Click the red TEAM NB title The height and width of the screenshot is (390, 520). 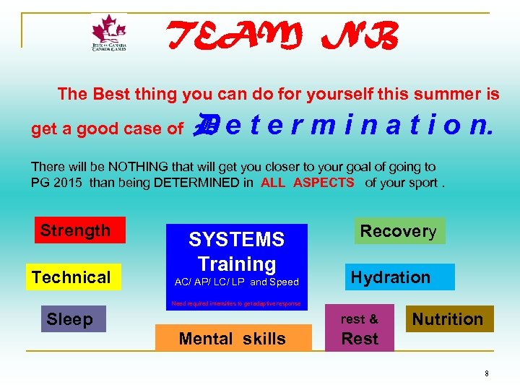pos(282,35)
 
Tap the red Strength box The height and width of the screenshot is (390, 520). pos(79,230)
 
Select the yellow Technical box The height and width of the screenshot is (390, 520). pos(71,277)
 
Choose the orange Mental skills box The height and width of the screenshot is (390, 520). pos(233,338)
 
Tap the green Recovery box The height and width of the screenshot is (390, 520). pos(399,231)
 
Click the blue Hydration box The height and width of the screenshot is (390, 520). pos(399,277)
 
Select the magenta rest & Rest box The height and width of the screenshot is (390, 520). pos(360,329)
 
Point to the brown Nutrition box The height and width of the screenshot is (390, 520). pos(448,318)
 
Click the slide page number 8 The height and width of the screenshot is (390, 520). pos(487,373)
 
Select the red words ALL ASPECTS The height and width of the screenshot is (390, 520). pos(308,183)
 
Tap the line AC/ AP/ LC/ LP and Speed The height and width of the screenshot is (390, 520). pos(237,282)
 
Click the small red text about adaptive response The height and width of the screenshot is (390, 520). pos(236,304)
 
